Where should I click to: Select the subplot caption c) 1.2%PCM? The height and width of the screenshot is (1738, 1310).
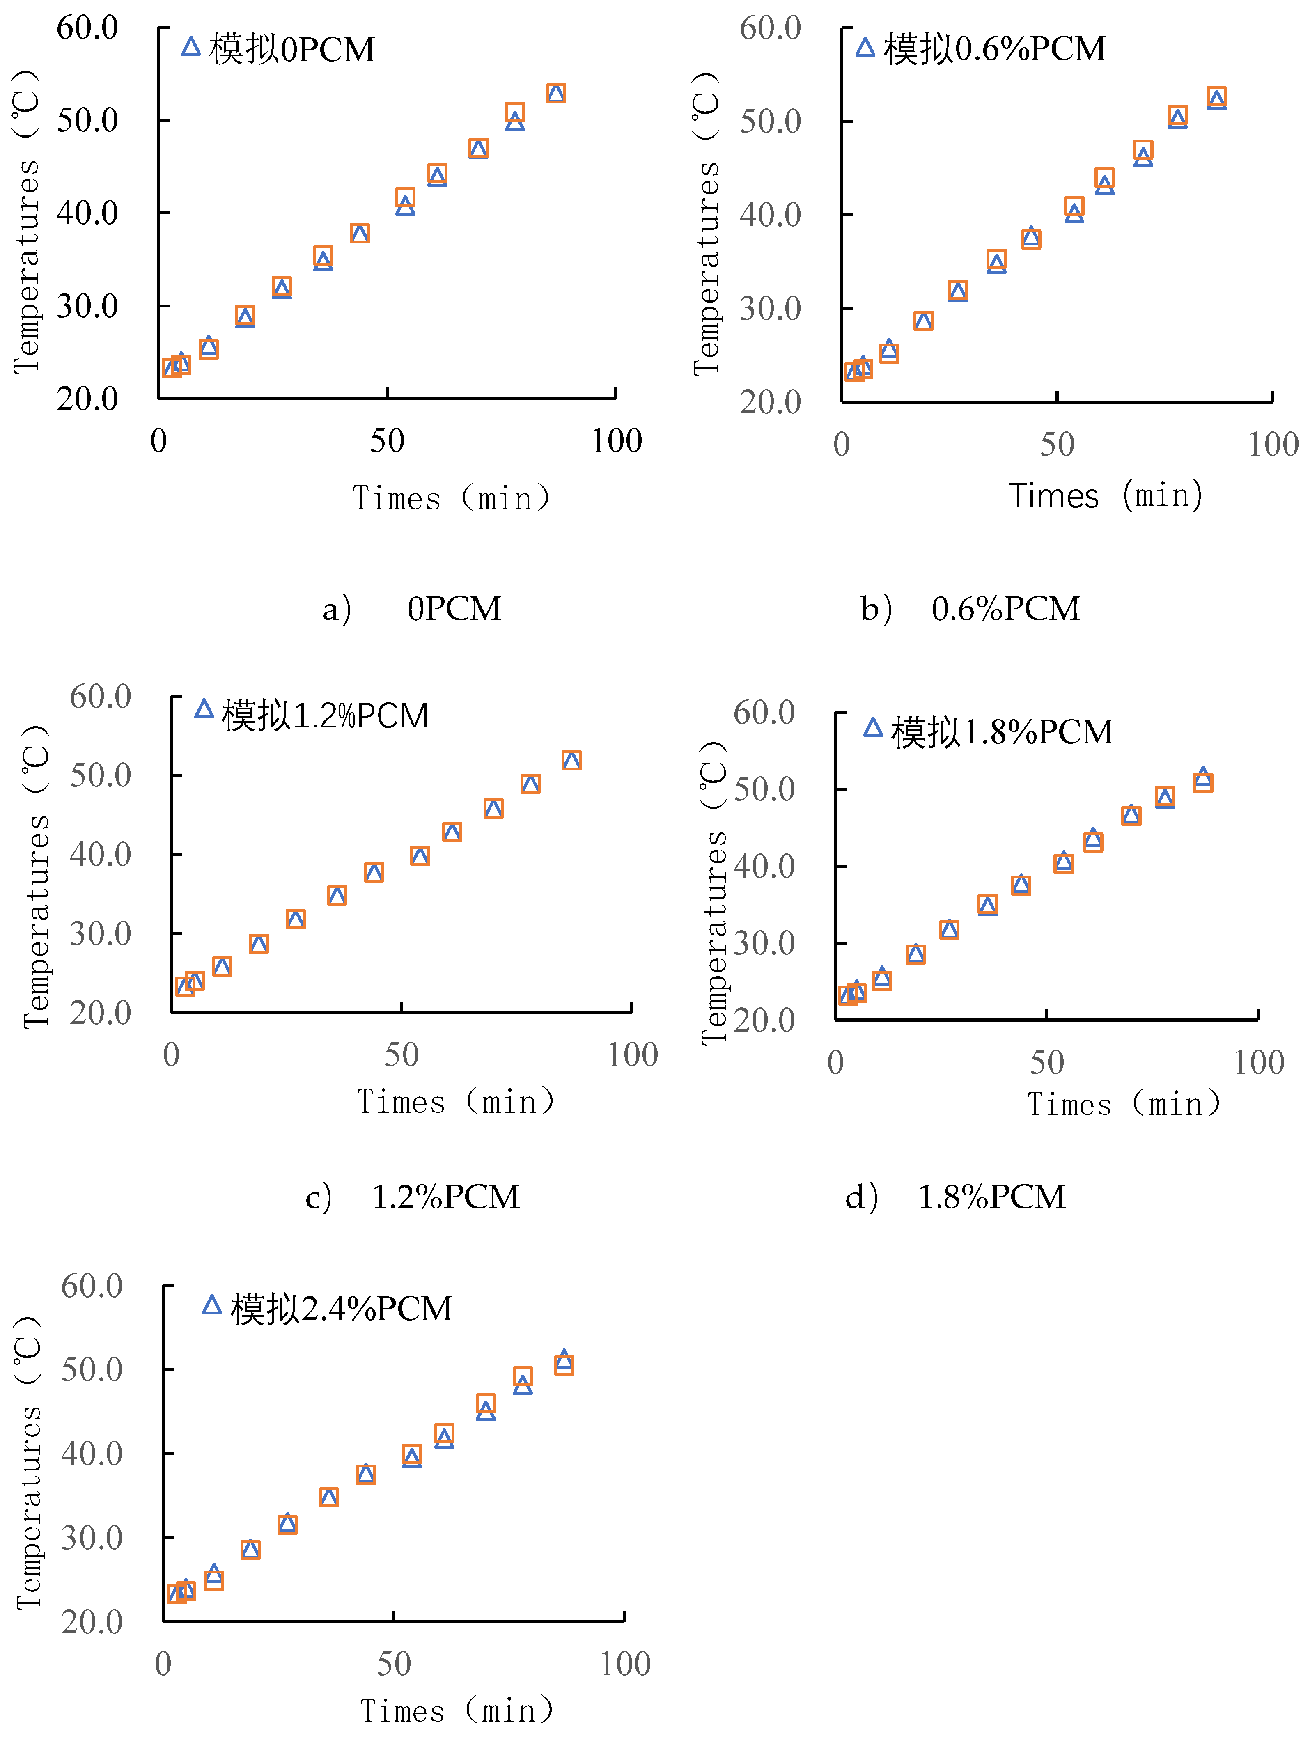pyautogui.click(x=413, y=1197)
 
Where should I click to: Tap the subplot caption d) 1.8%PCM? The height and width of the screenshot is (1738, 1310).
pyautogui.click(x=955, y=1197)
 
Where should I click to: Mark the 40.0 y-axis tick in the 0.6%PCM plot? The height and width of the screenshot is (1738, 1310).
pyautogui.click(x=770, y=215)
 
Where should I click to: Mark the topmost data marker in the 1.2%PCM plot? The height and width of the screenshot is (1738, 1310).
pyautogui.click(x=571, y=760)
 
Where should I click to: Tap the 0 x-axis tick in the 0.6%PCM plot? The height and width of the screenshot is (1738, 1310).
pyautogui.click(x=842, y=445)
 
